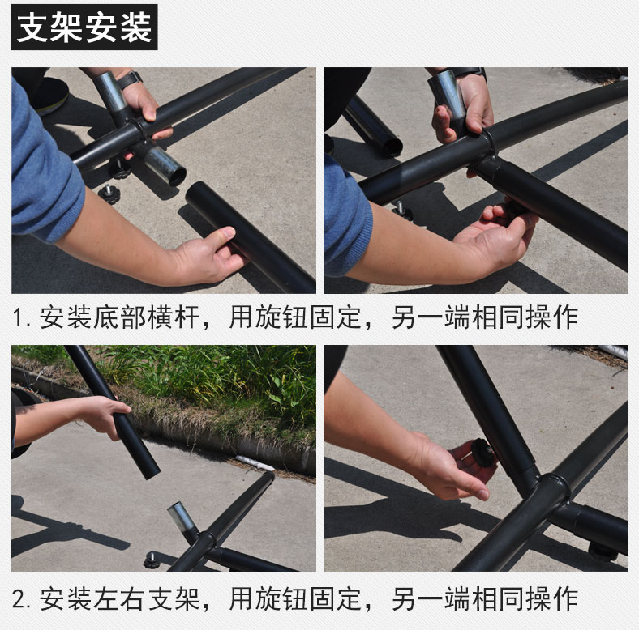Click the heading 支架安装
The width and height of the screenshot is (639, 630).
tap(84, 28)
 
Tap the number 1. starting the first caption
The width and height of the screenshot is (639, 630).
tap(21, 317)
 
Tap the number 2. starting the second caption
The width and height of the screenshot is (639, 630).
tap(21, 599)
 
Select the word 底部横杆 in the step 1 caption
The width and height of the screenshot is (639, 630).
tap(146, 317)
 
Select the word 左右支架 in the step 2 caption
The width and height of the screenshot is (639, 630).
tap(146, 598)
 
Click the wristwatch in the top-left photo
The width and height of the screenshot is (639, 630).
tap(130, 79)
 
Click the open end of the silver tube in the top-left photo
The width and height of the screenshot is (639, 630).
tap(178, 177)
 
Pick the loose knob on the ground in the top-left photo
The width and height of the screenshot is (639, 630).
tap(109, 194)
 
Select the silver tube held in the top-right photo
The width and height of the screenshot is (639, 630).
tap(449, 100)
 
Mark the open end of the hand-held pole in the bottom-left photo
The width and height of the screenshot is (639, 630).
tap(150, 472)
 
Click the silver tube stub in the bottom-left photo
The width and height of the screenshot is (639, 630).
tap(182, 520)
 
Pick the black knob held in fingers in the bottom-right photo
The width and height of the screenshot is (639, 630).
tap(483, 452)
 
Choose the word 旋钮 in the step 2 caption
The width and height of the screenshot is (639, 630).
tap(281, 598)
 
